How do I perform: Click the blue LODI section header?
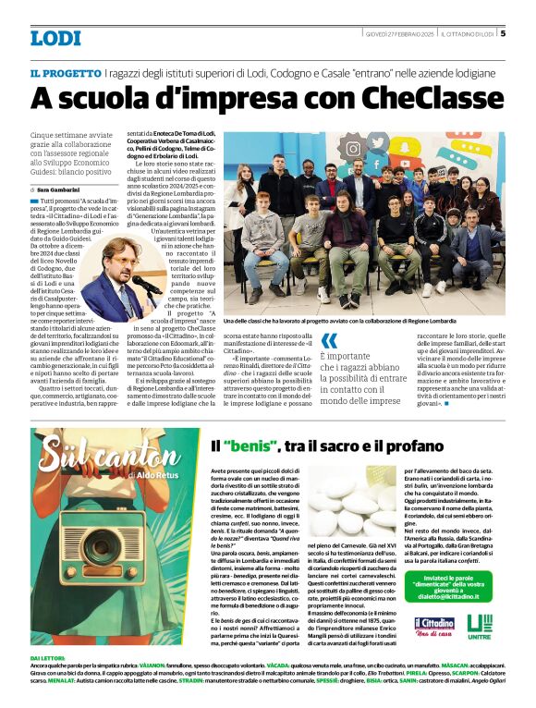(55, 38)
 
